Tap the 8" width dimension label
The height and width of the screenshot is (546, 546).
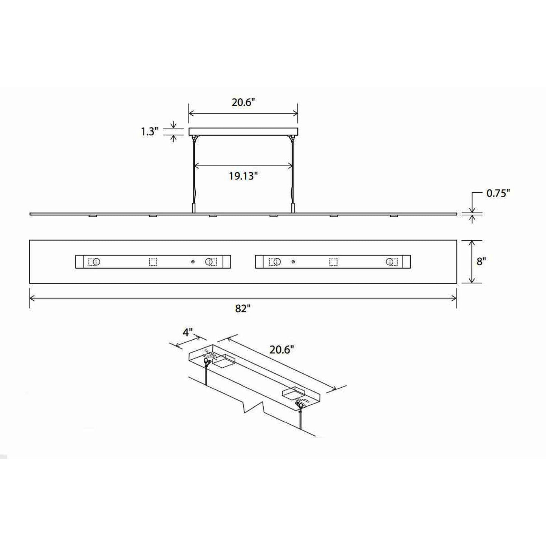point(480,261)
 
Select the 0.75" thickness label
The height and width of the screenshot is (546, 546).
point(498,193)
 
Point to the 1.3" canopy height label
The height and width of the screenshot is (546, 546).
point(150,131)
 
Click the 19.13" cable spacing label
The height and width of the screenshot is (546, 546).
point(243,176)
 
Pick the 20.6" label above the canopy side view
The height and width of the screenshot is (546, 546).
point(243,102)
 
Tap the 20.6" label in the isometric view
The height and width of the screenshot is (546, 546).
point(280,350)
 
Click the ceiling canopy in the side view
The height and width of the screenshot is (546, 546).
point(243,131)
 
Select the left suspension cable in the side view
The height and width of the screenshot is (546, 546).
point(194,174)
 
